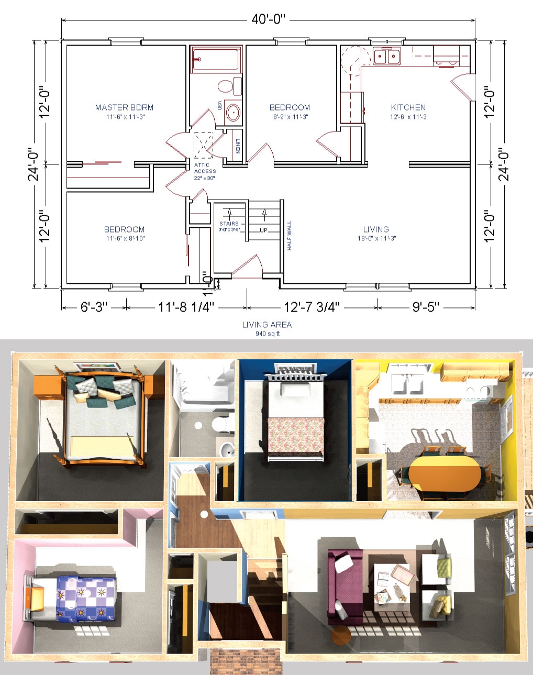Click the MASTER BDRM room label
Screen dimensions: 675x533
(x=124, y=107)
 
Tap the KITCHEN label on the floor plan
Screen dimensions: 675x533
(x=408, y=107)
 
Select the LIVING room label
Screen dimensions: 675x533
(x=376, y=229)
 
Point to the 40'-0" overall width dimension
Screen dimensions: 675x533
(x=268, y=20)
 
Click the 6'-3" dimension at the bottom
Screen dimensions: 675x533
(x=94, y=307)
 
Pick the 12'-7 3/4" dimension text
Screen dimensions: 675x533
(x=312, y=307)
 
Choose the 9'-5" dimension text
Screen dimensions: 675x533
(x=426, y=307)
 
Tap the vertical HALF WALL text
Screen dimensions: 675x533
(x=290, y=235)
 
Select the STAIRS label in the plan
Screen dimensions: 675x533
(x=229, y=224)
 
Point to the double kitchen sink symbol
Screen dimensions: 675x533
(x=387, y=56)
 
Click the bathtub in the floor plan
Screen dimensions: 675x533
(x=215, y=59)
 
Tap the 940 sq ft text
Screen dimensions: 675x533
(x=267, y=334)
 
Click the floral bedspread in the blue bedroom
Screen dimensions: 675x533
(x=295, y=435)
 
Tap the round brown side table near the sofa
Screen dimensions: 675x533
(x=341, y=636)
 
